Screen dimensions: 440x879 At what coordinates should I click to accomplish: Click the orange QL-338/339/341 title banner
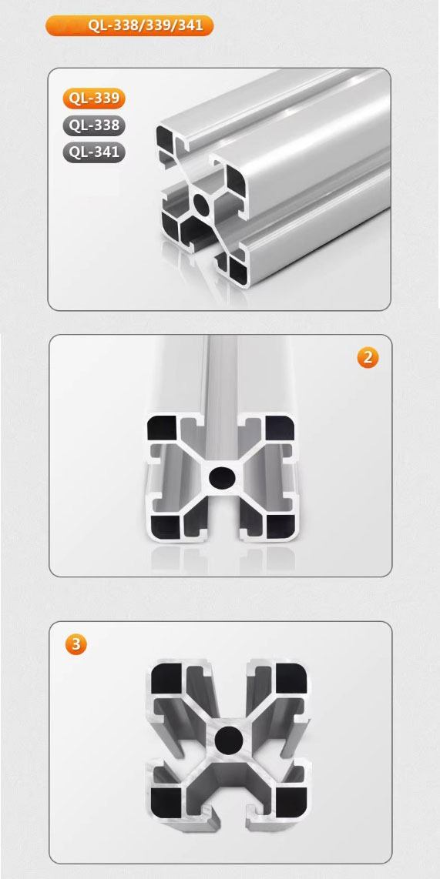coord(129,26)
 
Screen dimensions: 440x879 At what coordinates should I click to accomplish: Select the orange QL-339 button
coord(94,98)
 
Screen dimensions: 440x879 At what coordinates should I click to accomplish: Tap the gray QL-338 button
coord(94,125)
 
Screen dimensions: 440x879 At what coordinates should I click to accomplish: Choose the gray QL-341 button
coord(94,152)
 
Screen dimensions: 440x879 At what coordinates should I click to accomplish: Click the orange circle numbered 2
coord(368,358)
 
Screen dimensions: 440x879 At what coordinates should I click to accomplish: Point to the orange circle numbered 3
coord(76,645)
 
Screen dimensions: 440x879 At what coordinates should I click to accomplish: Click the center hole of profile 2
coord(221,478)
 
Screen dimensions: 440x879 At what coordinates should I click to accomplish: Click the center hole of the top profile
coord(201,206)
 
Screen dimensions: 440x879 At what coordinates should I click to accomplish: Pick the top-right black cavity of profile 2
coord(280,428)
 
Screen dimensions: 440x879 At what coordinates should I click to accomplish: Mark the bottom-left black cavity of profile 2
coord(165,526)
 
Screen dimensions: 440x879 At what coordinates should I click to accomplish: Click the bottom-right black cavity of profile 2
coord(280,526)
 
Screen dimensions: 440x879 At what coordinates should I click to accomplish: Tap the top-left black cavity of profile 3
coord(166,678)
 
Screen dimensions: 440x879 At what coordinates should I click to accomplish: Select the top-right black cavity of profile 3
coord(292,678)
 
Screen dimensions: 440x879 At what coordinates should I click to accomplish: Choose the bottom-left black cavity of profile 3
coord(166,800)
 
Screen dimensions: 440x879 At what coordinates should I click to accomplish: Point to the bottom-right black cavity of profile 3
coord(292,800)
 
